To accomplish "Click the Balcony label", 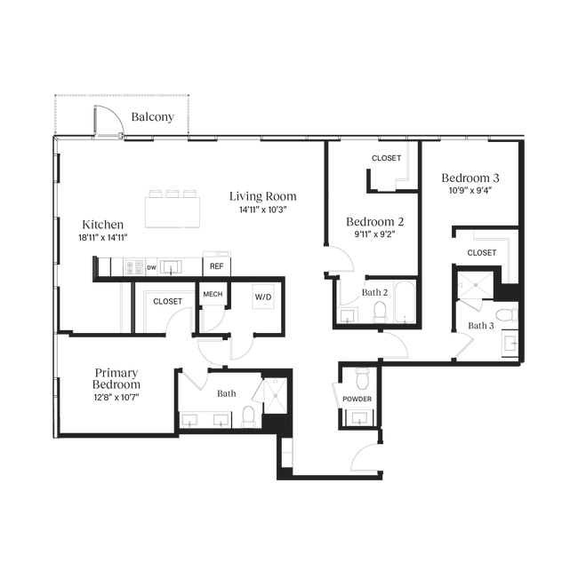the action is (x=152, y=117).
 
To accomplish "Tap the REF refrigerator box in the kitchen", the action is (x=217, y=266).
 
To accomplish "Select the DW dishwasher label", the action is (x=152, y=267).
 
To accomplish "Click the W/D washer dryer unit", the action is (x=263, y=297).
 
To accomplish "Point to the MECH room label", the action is (x=213, y=294).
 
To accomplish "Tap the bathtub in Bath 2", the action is (x=405, y=302).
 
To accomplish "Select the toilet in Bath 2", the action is (x=380, y=313).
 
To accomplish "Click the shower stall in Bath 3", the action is (x=476, y=285).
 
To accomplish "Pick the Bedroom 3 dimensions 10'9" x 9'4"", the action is (x=470, y=191).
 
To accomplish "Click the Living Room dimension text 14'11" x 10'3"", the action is (x=263, y=210).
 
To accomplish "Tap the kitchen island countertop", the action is (x=173, y=212).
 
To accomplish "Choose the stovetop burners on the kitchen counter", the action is (x=134, y=267).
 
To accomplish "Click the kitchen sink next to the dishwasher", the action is (x=171, y=267).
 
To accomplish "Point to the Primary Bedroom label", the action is (x=116, y=378).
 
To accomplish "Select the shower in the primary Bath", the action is (x=276, y=395).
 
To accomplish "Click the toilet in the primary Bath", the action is (x=249, y=416).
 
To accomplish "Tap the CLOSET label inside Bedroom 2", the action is (x=386, y=158).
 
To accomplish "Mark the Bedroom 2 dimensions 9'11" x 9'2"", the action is (x=375, y=234).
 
